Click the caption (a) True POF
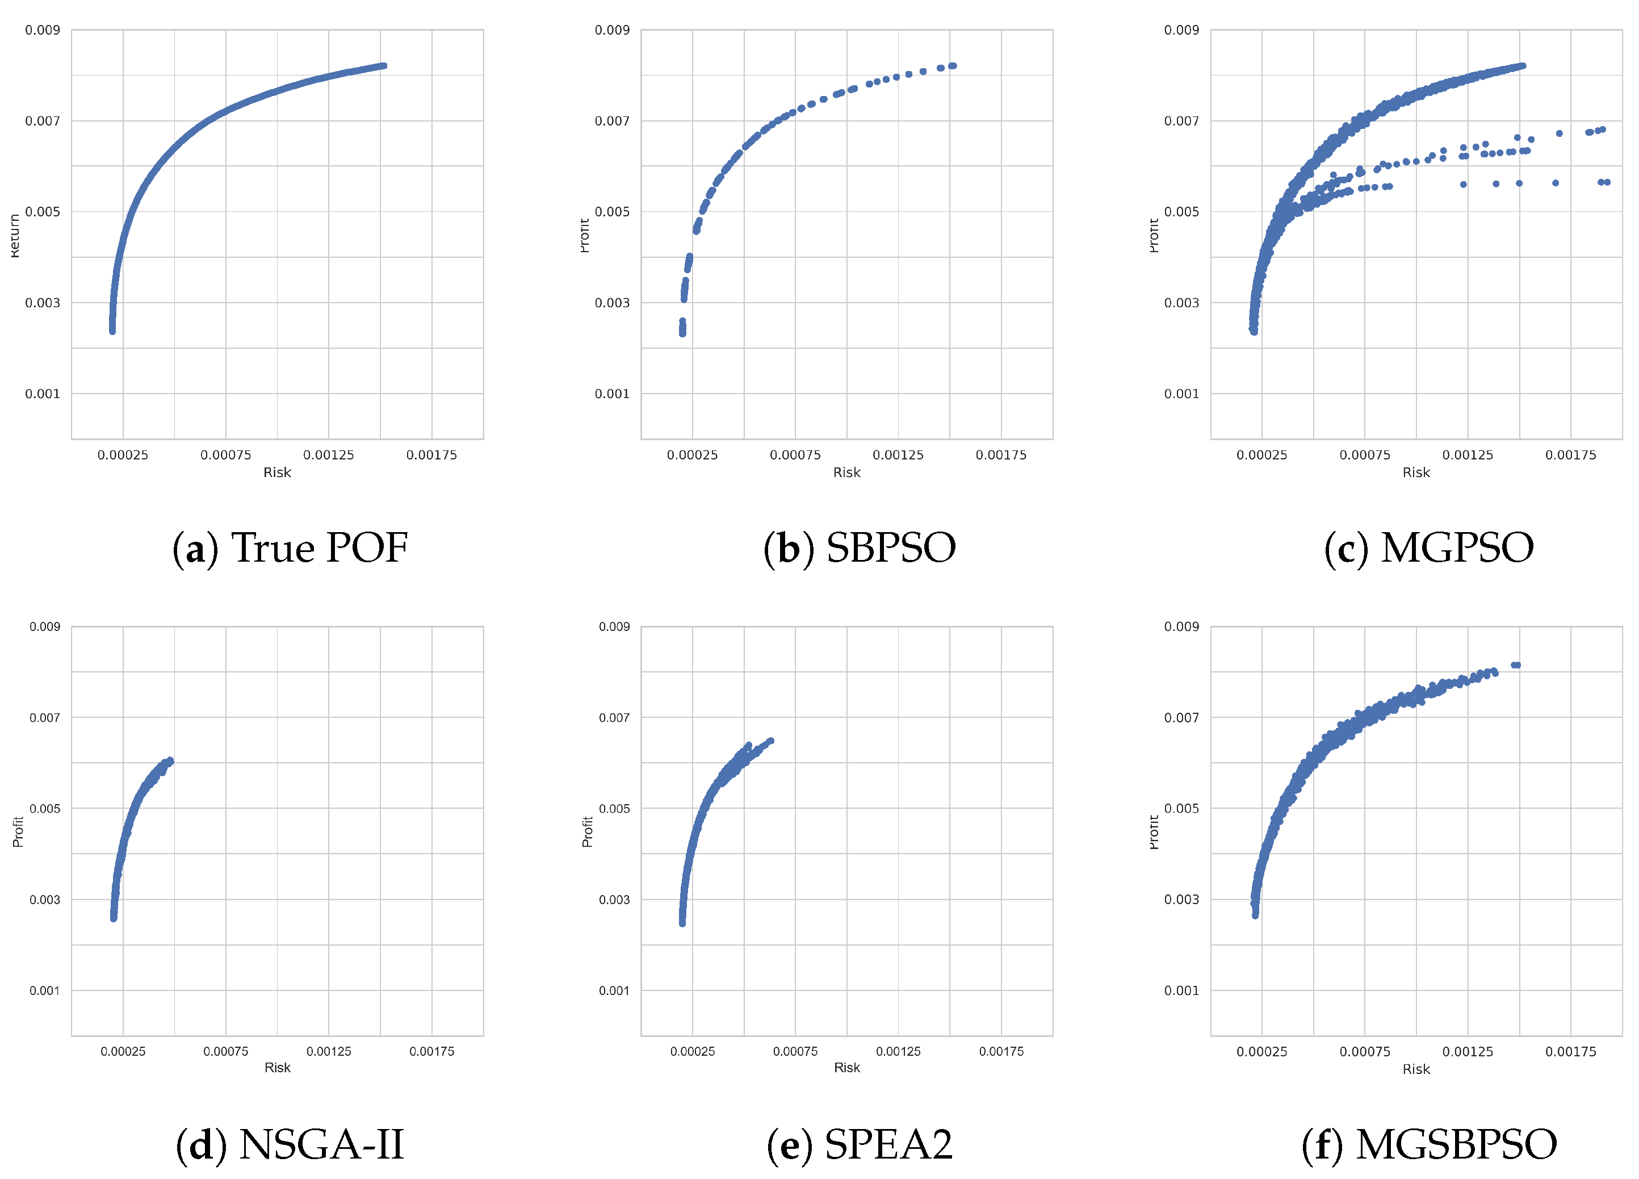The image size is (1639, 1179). [x=290, y=547]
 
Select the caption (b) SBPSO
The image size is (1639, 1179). [x=860, y=547]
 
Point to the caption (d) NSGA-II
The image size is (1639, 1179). [x=290, y=1144]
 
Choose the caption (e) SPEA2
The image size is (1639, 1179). [x=860, y=1144]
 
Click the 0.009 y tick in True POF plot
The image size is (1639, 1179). [x=43, y=30]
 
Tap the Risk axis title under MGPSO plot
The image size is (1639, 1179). [x=1416, y=472]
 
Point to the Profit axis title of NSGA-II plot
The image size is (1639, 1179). [x=18, y=831]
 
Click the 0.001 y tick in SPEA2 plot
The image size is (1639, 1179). [x=614, y=990]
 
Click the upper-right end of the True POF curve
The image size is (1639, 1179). [x=384, y=66]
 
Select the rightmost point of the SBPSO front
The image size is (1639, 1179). [x=953, y=66]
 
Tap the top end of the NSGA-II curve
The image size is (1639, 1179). [x=170, y=760]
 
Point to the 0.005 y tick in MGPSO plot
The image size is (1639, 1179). [x=1181, y=212]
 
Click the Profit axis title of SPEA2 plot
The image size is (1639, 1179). [x=588, y=831]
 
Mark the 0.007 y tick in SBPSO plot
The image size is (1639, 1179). [x=612, y=121]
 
